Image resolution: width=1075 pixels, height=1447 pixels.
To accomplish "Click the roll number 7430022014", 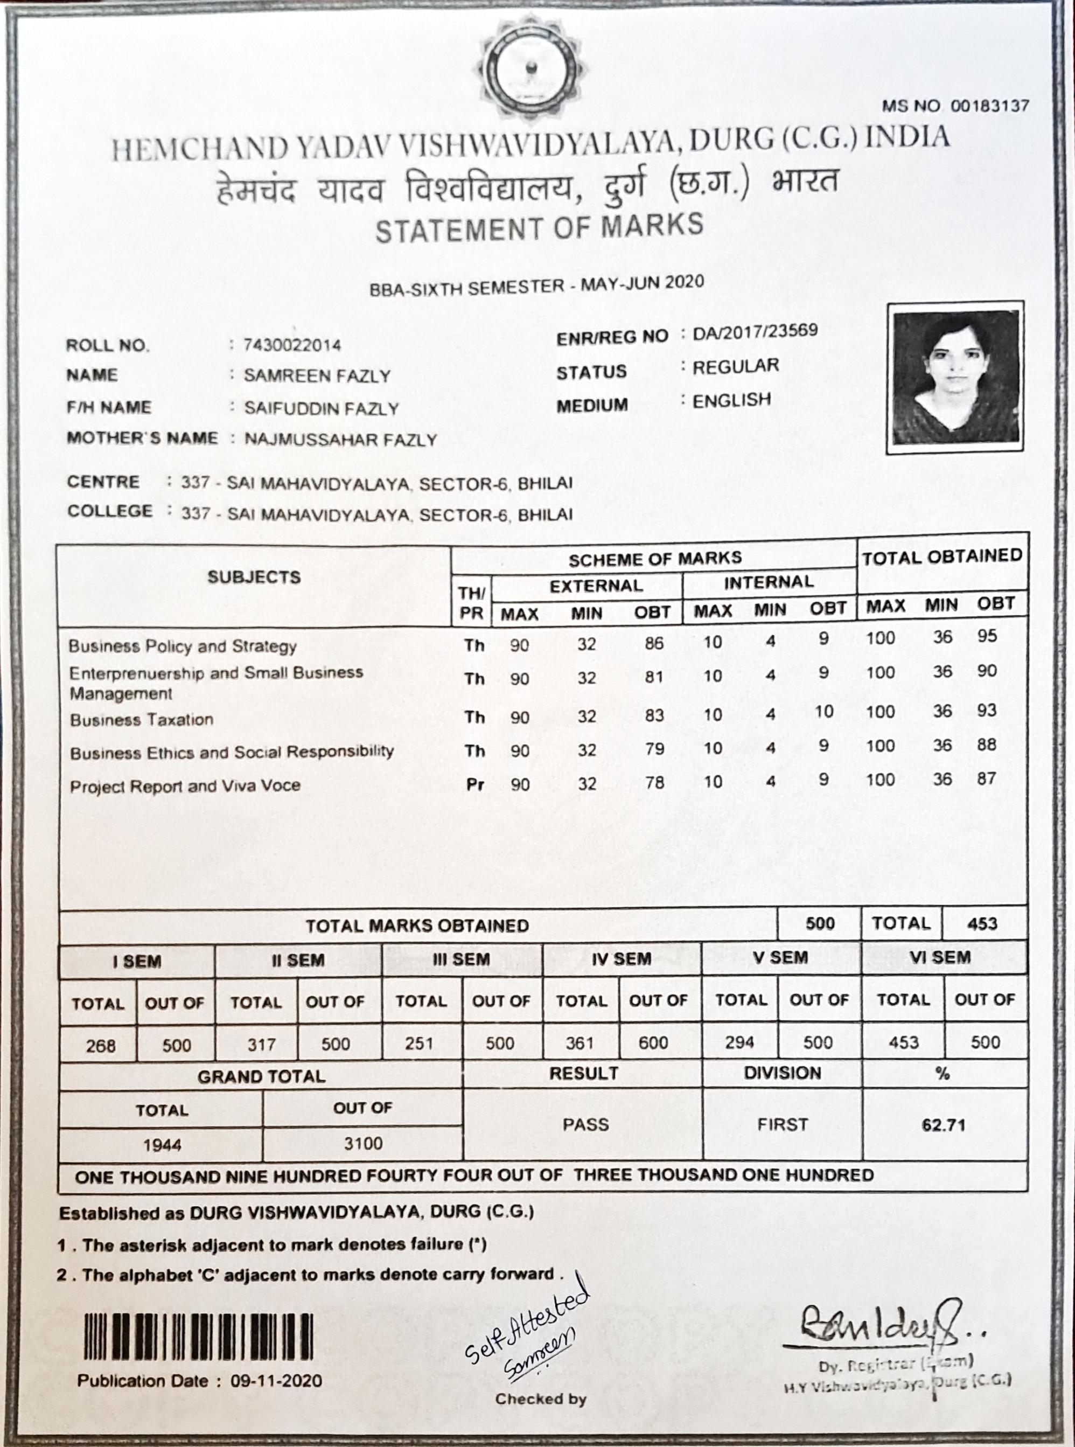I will pyautogui.click(x=292, y=344).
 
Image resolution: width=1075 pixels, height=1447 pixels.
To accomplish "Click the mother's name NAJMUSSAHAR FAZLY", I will pyautogui.click(x=340, y=440).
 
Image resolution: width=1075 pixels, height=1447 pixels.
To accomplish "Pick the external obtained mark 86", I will pyautogui.click(x=654, y=643).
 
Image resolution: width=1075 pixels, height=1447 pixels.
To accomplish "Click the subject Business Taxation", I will pyautogui.click(x=142, y=720).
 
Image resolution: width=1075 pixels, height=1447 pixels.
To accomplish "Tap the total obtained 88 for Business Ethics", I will pyautogui.click(x=987, y=745).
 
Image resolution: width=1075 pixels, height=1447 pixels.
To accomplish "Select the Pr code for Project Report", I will pyautogui.click(x=475, y=784).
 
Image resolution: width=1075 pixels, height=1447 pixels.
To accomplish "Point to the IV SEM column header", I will pyautogui.click(x=622, y=959).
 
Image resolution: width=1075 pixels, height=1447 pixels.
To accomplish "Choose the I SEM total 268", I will pyautogui.click(x=101, y=1046).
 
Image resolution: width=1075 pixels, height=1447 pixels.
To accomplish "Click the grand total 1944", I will pyautogui.click(x=162, y=1145).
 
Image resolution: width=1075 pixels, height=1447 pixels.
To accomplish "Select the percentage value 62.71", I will pyautogui.click(x=943, y=1125).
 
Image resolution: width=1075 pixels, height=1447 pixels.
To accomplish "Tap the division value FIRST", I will pyautogui.click(x=782, y=1125).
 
